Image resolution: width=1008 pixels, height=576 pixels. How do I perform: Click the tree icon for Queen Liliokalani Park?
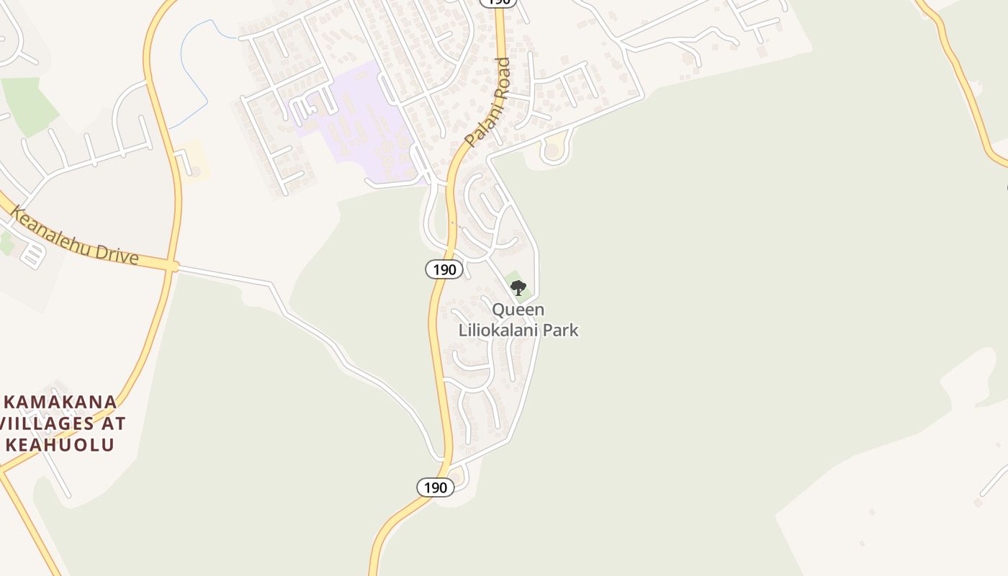[x=518, y=288]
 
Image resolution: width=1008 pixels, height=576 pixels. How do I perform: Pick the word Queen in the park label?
[x=518, y=310]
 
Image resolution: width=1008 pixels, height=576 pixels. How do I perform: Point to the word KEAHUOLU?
[x=60, y=445]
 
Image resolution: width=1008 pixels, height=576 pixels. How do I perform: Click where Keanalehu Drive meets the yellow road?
[x=171, y=266]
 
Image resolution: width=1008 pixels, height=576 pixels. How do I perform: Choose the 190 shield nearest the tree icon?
[x=444, y=269]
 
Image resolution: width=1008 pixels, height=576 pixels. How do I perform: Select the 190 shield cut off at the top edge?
[x=498, y=2]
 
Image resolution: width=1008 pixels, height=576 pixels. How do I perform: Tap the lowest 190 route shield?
[x=436, y=487]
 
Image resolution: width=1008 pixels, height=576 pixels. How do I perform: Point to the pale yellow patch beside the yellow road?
[x=193, y=160]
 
